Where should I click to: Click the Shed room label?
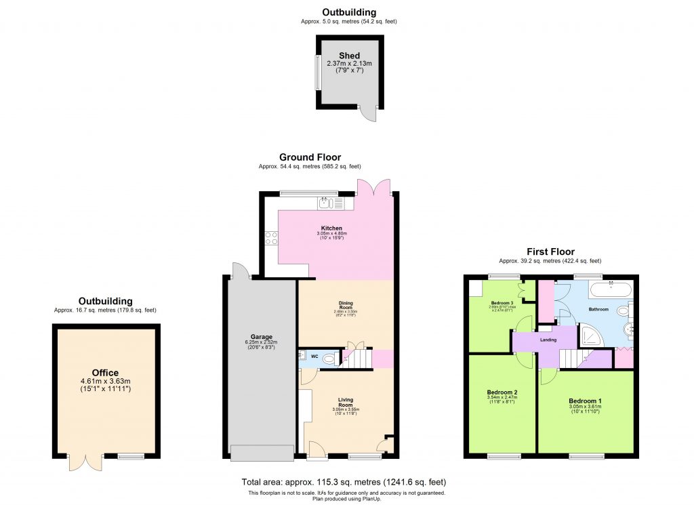coord(349,56)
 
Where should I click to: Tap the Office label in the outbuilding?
coord(105,373)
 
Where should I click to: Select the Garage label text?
coord(262,337)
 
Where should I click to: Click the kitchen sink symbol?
coord(325,202)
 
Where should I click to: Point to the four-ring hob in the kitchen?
coord(271,238)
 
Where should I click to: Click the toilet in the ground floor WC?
coord(329,359)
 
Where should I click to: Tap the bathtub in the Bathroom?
coord(611,291)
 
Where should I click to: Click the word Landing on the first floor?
coord(548,340)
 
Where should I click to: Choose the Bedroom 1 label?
coord(585,401)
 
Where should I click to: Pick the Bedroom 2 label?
coord(502,392)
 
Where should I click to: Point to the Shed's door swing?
coord(368,114)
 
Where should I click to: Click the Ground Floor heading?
coord(310,157)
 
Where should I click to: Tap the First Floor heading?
coord(550,251)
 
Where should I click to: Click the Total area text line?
coord(344,482)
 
